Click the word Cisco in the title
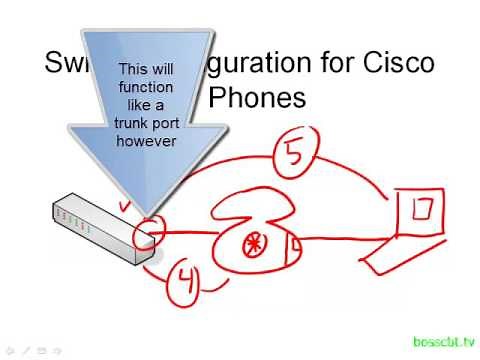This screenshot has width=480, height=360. click(x=398, y=64)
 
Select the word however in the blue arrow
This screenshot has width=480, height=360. click(x=146, y=141)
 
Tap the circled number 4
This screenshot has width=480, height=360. click(x=184, y=284)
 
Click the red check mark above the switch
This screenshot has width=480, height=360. click(x=125, y=206)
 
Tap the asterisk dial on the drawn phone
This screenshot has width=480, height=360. click(x=250, y=241)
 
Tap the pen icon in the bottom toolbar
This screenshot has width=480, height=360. click(x=27, y=350)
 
